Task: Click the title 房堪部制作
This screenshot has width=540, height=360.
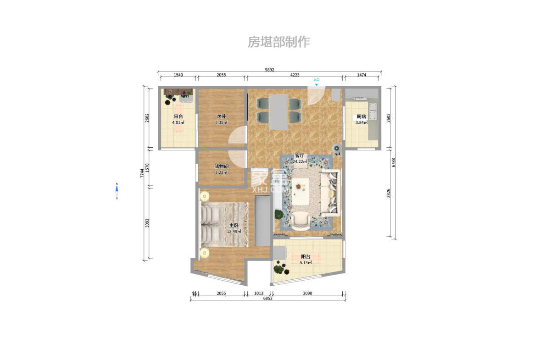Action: [x=279, y=42]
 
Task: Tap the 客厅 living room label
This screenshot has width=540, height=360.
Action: [x=299, y=155]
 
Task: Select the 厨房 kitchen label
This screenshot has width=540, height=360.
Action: [x=362, y=116]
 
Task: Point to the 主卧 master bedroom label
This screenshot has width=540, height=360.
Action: [x=234, y=225]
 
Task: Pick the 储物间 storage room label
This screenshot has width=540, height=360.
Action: [x=222, y=166]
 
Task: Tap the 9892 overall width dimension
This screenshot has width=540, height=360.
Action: [x=269, y=70]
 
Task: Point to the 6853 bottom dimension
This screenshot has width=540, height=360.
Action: [x=268, y=299]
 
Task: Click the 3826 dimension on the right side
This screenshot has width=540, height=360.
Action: [x=389, y=193]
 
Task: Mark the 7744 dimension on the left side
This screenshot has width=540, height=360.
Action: [x=142, y=173]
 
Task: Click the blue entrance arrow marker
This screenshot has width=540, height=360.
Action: [x=316, y=84]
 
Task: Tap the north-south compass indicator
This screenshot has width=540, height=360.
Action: [x=117, y=192]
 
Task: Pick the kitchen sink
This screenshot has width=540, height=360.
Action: [x=373, y=112]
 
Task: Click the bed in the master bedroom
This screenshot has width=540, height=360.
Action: [x=223, y=224]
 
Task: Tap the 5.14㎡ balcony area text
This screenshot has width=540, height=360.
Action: [x=306, y=262]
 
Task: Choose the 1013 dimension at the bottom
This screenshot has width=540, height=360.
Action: [x=258, y=294]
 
